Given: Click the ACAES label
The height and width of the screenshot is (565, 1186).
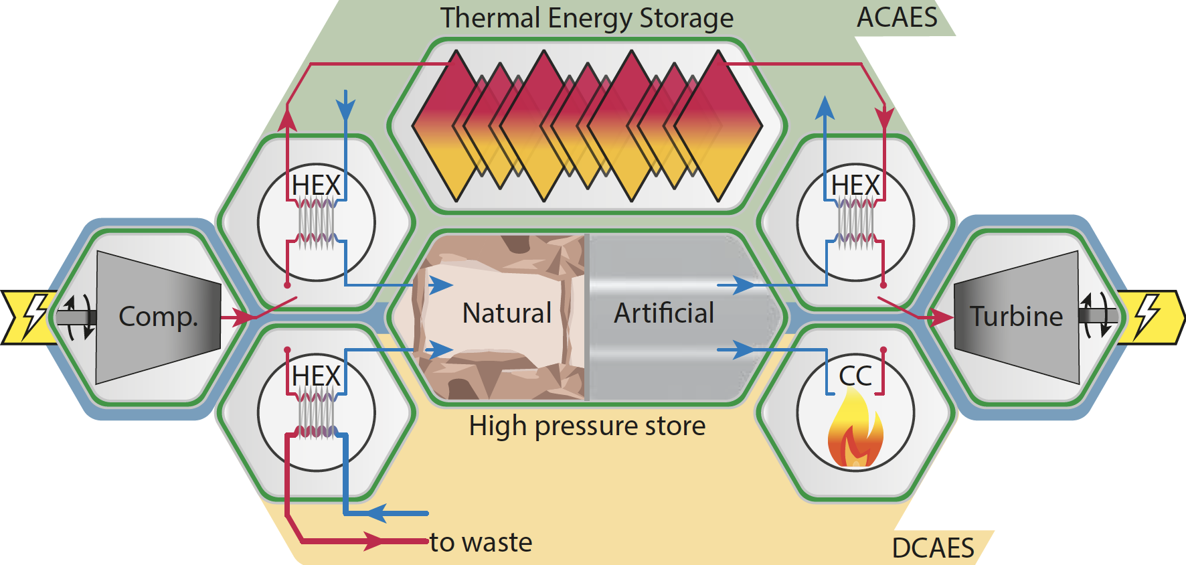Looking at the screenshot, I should click(x=897, y=17).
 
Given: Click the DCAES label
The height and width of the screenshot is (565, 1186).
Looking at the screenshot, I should click(x=933, y=548).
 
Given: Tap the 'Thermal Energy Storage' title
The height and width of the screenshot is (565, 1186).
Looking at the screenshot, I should click(x=586, y=18).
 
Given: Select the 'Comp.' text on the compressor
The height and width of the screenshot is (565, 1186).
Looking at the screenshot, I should click(x=158, y=317).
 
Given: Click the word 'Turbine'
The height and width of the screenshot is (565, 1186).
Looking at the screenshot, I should click(x=1016, y=317).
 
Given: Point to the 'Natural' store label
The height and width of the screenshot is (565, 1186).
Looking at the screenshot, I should click(x=507, y=313).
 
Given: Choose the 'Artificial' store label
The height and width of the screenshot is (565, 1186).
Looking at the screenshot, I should click(x=664, y=313).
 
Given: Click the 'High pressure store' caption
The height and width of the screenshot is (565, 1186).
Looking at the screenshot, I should click(x=587, y=426).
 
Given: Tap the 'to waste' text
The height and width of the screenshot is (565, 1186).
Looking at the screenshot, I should click(x=481, y=542).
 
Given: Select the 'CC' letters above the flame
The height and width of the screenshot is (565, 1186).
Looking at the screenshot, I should click(x=855, y=376).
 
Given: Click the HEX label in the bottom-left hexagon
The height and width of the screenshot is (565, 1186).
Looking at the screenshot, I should click(x=317, y=376).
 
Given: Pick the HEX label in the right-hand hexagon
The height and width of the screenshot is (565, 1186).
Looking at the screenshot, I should click(x=855, y=185).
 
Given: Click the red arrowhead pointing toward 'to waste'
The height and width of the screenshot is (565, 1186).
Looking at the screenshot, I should click(x=375, y=540).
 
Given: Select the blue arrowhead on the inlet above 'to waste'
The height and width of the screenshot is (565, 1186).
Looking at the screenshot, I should click(x=376, y=513).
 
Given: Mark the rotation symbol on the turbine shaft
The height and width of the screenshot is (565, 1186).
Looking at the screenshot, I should click(x=1096, y=315).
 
